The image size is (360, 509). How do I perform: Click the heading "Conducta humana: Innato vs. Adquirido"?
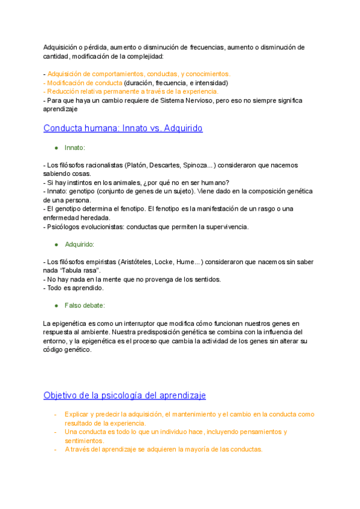tap(123, 128)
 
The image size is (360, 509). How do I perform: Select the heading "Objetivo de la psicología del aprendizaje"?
tap(124, 395)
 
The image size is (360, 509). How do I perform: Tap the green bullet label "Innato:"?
tap(75, 148)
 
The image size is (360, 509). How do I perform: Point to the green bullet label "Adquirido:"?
tap(79, 244)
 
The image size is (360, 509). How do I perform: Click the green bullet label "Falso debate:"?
tap(85, 306)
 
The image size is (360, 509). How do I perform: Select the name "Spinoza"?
tap(194, 165)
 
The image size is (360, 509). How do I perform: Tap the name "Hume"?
tap(186, 262)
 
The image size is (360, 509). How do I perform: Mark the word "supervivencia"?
tap(227, 226)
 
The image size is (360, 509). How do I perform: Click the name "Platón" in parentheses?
tap(137, 165)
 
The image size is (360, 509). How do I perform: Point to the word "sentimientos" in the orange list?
tap(83, 441)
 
